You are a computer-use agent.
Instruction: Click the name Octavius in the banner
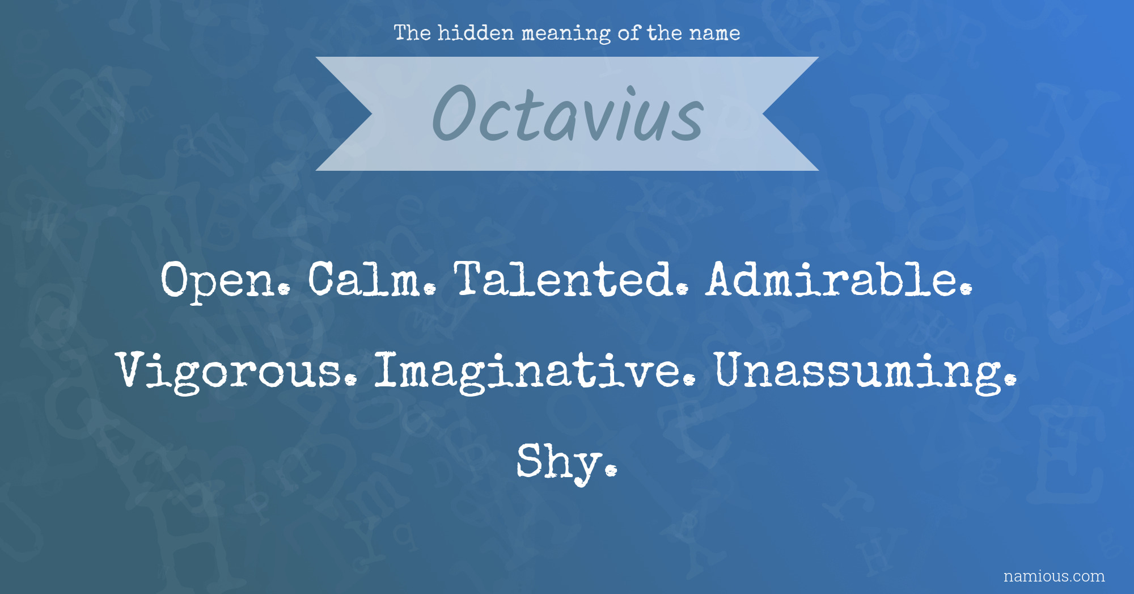coord(568,113)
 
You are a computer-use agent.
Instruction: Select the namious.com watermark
coord(1054,576)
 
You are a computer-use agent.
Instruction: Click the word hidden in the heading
coord(476,33)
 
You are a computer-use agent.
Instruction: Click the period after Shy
coord(611,470)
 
